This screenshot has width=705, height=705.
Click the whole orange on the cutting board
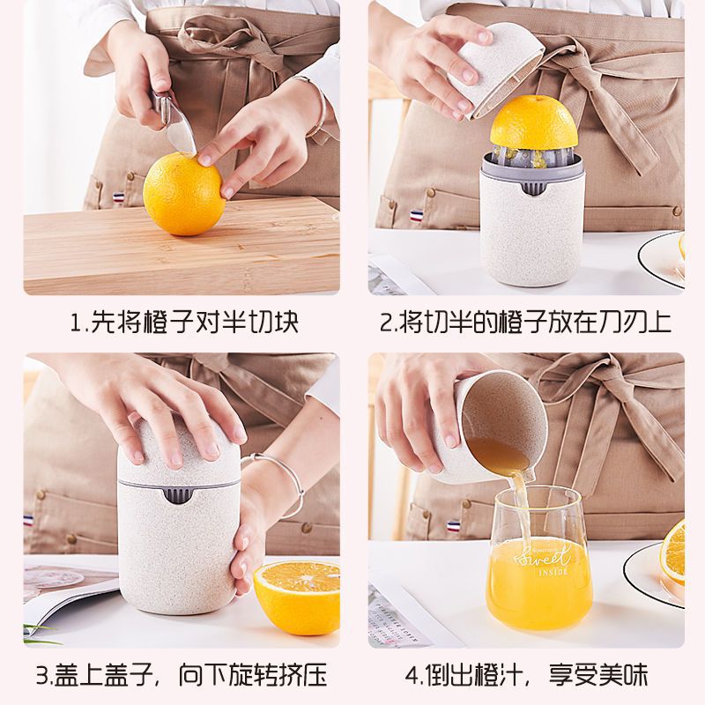click(x=183, y=194)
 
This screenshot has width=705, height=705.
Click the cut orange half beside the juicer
click(x=298, y=595)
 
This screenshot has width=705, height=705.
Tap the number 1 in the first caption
click(x=76, y=322)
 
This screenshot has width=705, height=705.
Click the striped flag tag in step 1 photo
click(x=118, y=197)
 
